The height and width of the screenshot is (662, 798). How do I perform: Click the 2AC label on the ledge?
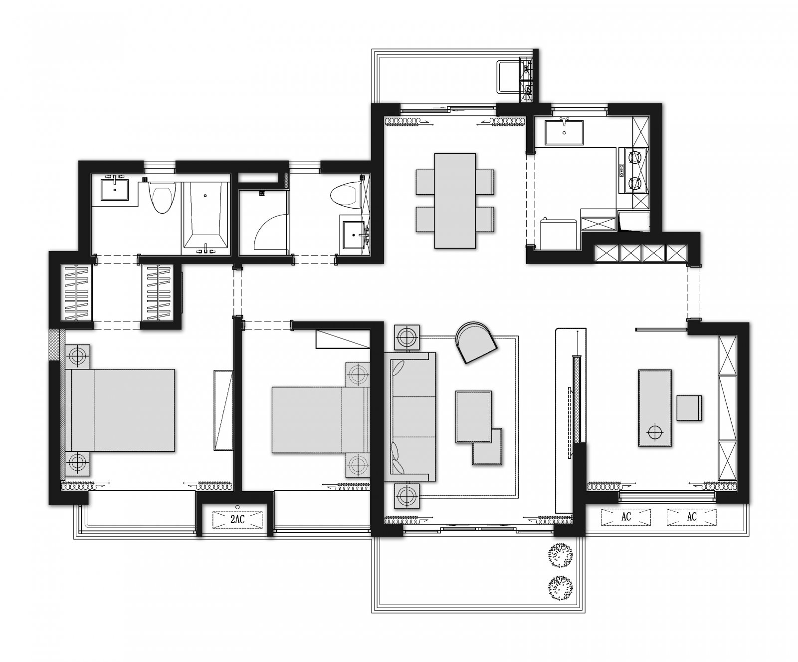pos(237,520)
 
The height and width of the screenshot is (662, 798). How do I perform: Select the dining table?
pos(455,200)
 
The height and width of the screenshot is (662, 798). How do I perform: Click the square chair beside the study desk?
pos(690,407)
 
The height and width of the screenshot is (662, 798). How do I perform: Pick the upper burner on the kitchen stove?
pos(635,158)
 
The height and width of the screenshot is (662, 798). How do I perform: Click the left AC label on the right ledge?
pos(626,517)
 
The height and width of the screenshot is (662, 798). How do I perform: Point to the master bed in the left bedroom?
pos(119,410)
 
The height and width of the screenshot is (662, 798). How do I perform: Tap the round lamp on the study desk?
pos(655,430)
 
